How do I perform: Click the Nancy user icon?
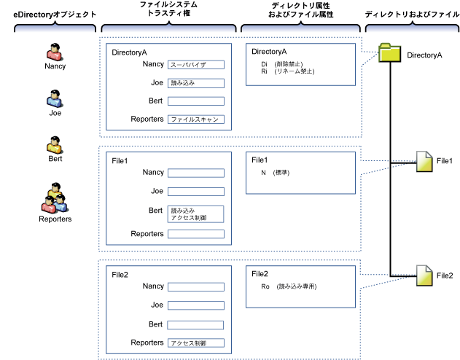click(x=55, y=52)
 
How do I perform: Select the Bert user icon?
click(x=55, y=144)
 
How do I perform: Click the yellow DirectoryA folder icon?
click(x=390, y=53)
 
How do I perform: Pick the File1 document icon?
click(x=424, y=161)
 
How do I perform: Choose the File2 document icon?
click(x=424, y=275)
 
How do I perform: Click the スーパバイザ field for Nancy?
click(x=195, y=65)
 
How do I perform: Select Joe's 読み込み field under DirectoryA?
click(x=195, y=83)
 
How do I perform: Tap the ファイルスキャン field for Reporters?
click(x=195, y=120)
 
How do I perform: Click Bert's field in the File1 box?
click(x=195, y=214)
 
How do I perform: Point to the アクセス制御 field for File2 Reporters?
click(x=195, y=343)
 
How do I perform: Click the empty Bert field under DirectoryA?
click(x=195, y=101)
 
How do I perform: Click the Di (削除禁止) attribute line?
click(x=281, y=65)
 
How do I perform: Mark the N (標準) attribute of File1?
click(x=276, y=173)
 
